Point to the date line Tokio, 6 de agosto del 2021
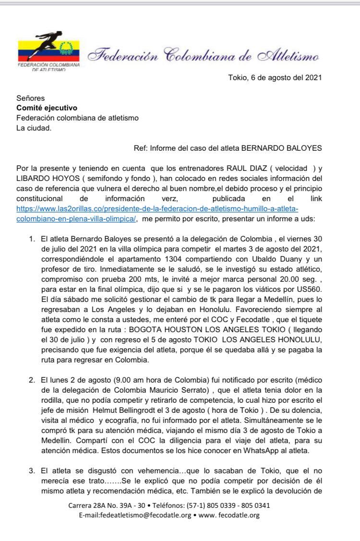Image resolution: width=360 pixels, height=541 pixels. pos(275,77)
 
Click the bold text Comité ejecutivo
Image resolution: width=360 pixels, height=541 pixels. pos(47,108)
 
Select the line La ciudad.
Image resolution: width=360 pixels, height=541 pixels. pos(34,128)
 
